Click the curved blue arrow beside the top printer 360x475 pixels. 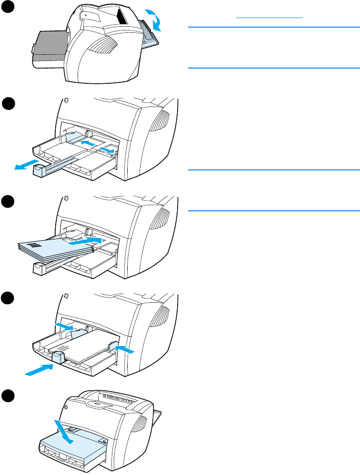[x=156, y=19]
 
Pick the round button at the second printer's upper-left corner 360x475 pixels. [x=66, y=101]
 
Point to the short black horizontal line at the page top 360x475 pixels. [x=270, y=17]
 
